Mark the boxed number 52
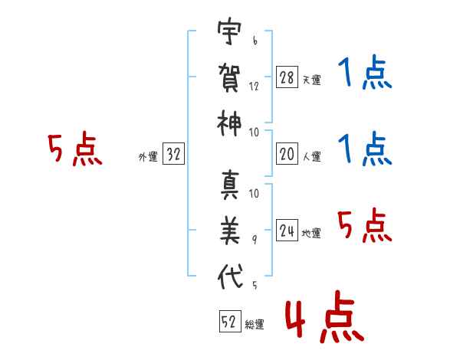coord(229,322)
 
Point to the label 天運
coord(312,80)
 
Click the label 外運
coord(147,156)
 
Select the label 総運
coord(255,324)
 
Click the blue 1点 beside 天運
coord(366,74)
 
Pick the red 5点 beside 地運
coord(365,227)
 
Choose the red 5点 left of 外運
coord(75,150)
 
